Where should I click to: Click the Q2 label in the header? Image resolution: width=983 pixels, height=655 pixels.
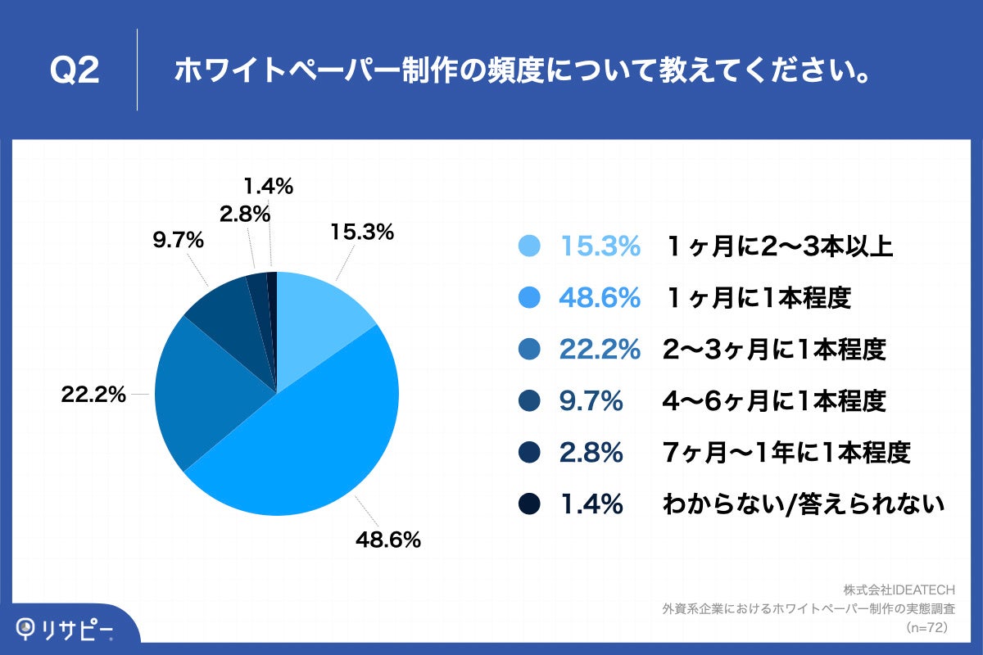(75, 71)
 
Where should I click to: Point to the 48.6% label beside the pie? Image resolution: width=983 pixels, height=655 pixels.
(387, 540)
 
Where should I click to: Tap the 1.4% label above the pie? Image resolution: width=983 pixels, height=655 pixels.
(270, 187)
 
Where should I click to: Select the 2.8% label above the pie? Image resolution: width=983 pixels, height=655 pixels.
(246, 215)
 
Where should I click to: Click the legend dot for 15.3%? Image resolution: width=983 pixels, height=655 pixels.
(530, 246)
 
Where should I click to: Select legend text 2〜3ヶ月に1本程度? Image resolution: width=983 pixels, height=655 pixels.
(774, 350)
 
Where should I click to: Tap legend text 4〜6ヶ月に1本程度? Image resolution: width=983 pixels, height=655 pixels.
(774, 401)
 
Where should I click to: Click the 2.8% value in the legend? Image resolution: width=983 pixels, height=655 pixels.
(591, 453)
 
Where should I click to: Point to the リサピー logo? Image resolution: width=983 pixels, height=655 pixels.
(66, 628)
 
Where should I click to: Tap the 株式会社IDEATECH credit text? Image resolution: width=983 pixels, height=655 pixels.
(899, 589)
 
